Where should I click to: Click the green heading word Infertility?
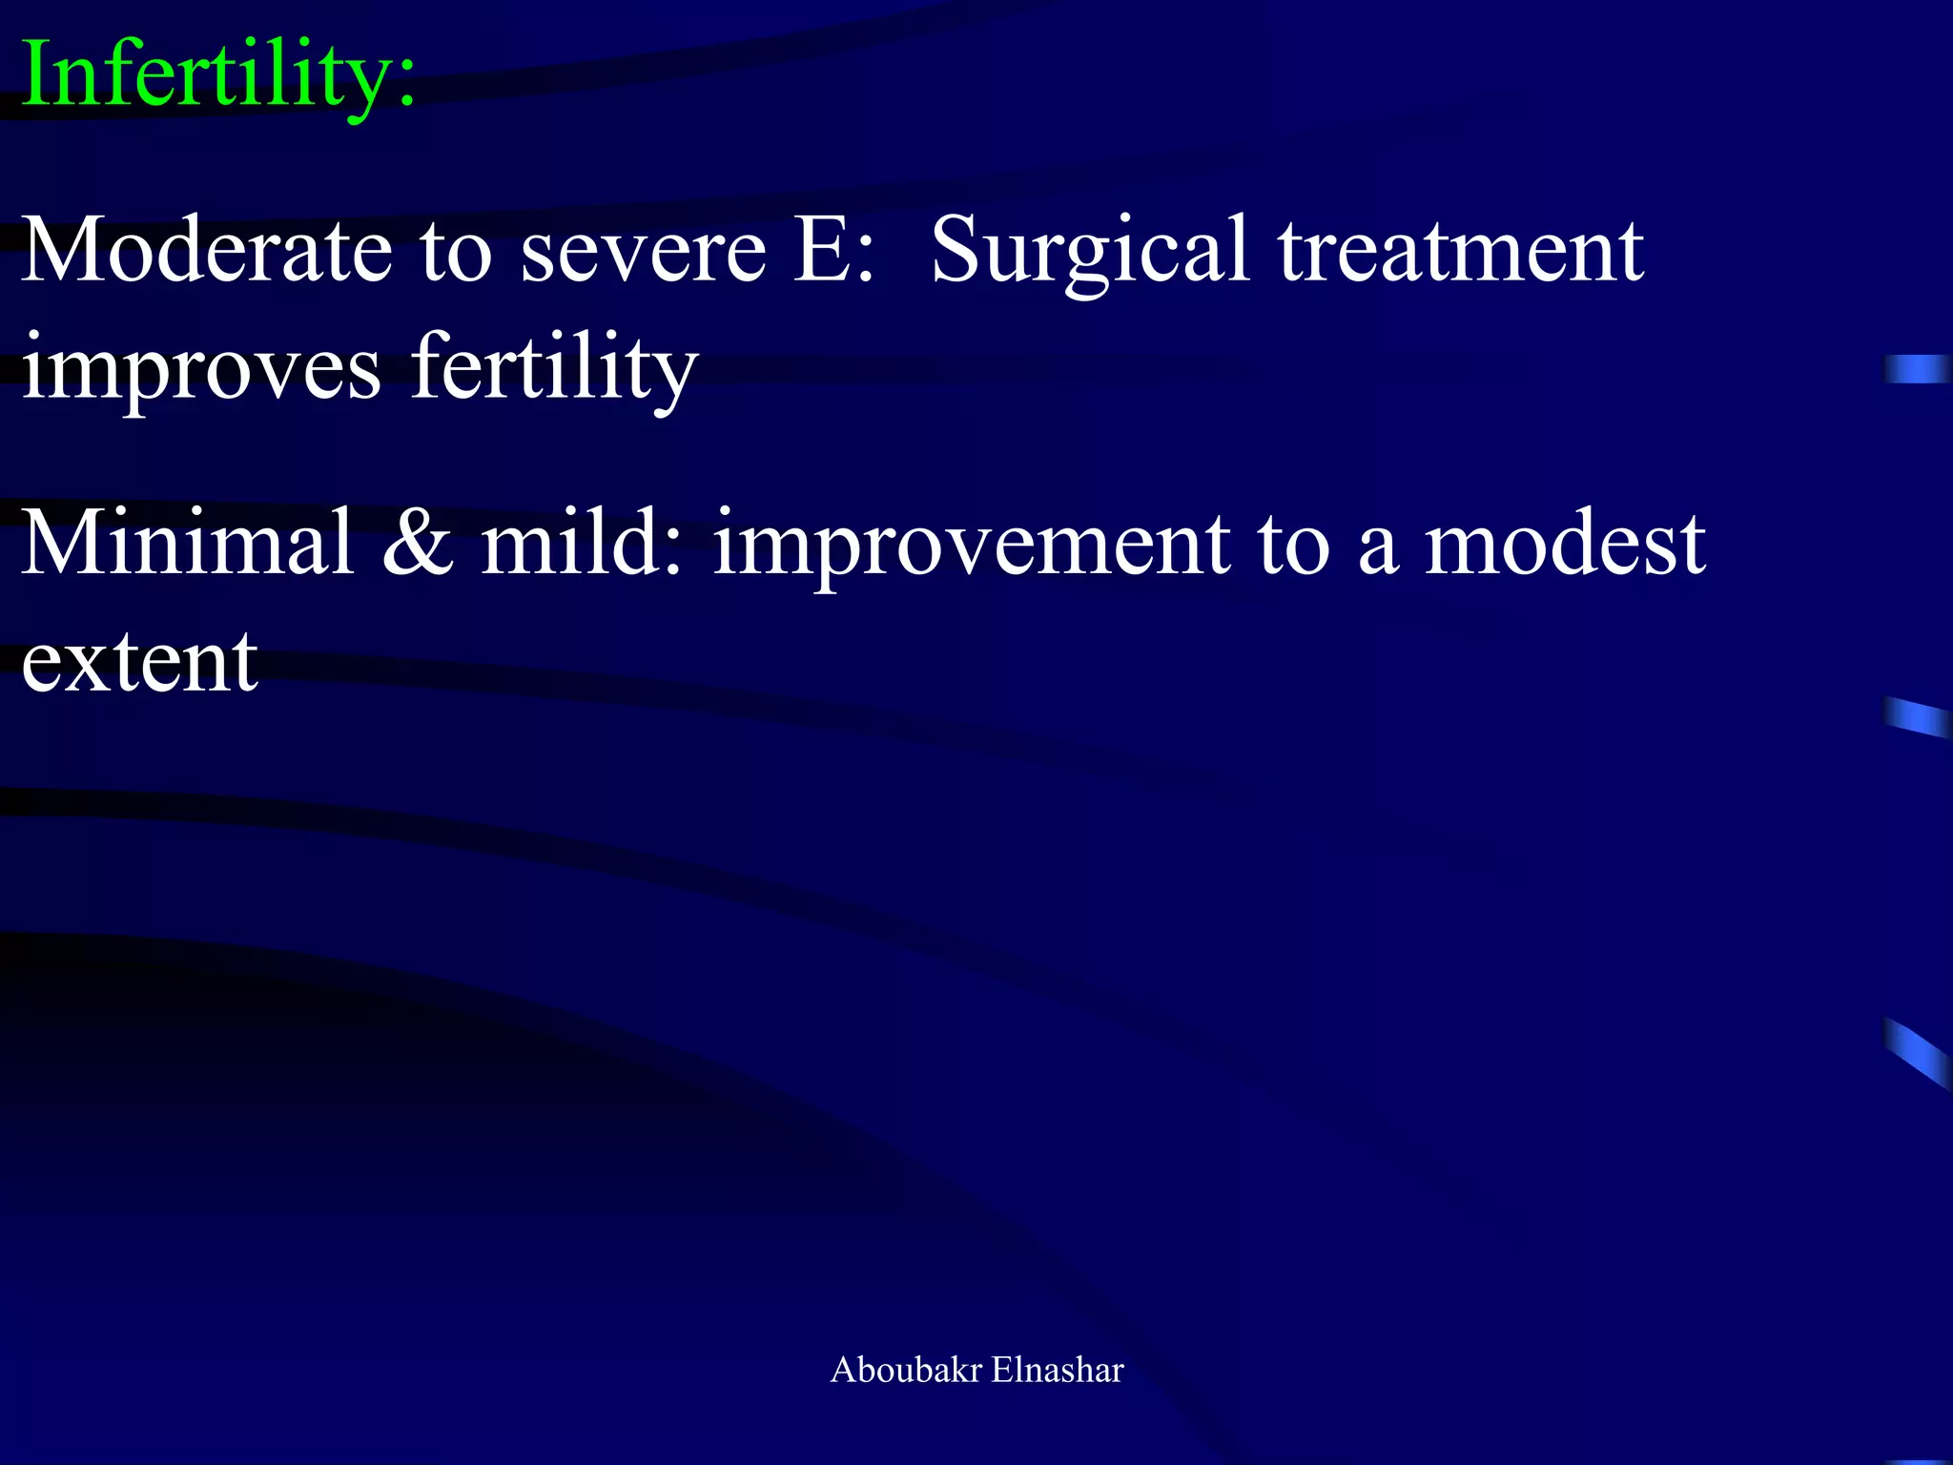217,76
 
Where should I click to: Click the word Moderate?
206,251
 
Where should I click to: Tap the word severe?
643,251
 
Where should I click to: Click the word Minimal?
187,544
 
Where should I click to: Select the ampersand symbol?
418,544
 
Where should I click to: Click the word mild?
582,544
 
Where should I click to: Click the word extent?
139,662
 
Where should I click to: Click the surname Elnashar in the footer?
1058,1370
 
